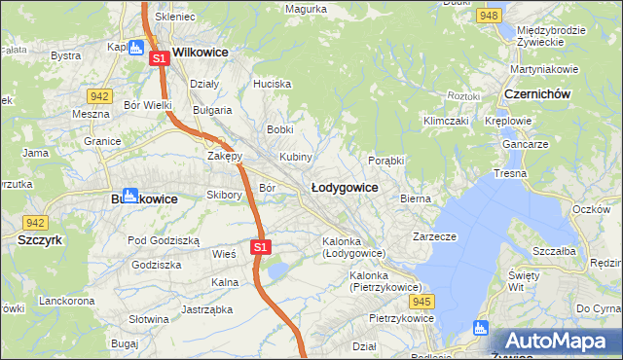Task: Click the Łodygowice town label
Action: [x=344, y=186]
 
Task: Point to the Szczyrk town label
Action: [x=40, y=238]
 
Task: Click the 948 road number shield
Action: [x=490, y=16]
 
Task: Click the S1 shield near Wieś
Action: [x=260, y=247]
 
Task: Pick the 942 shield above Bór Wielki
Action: [x=98, y=95]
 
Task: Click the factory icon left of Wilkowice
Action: [x=136, y=47]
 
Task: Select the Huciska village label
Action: [x=272, y=84]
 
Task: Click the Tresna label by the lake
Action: [x=510, y=172]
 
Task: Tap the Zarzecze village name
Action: [x=434, y=235]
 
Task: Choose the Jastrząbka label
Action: [x=204, y=310]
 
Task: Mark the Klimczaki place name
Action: [x=446, y=122]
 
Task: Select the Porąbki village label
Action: [x=386, y=161]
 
